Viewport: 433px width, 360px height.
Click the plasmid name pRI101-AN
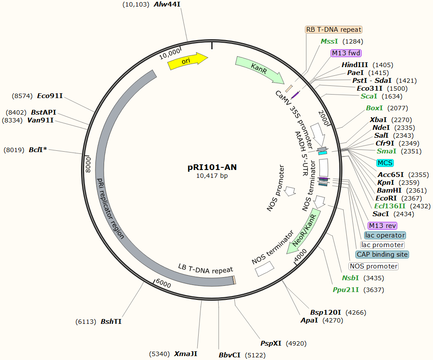point(212,167)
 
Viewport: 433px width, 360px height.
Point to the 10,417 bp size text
point(212,176)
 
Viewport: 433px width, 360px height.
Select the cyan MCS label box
point(385,163)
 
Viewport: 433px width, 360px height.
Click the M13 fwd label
point(346,53)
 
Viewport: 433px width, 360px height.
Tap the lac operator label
point(385,235)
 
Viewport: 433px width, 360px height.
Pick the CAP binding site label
point(382,255)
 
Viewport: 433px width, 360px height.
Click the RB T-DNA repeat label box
point(334,30)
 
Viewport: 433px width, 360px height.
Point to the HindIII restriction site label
point(355,65)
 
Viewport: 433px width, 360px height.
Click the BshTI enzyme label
point(111,322)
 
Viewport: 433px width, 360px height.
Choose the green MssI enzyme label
point(329,41)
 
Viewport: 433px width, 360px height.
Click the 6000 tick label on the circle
point(163,284)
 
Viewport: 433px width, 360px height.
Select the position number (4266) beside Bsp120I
point(355,312)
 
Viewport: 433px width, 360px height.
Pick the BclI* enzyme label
point(38,150)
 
